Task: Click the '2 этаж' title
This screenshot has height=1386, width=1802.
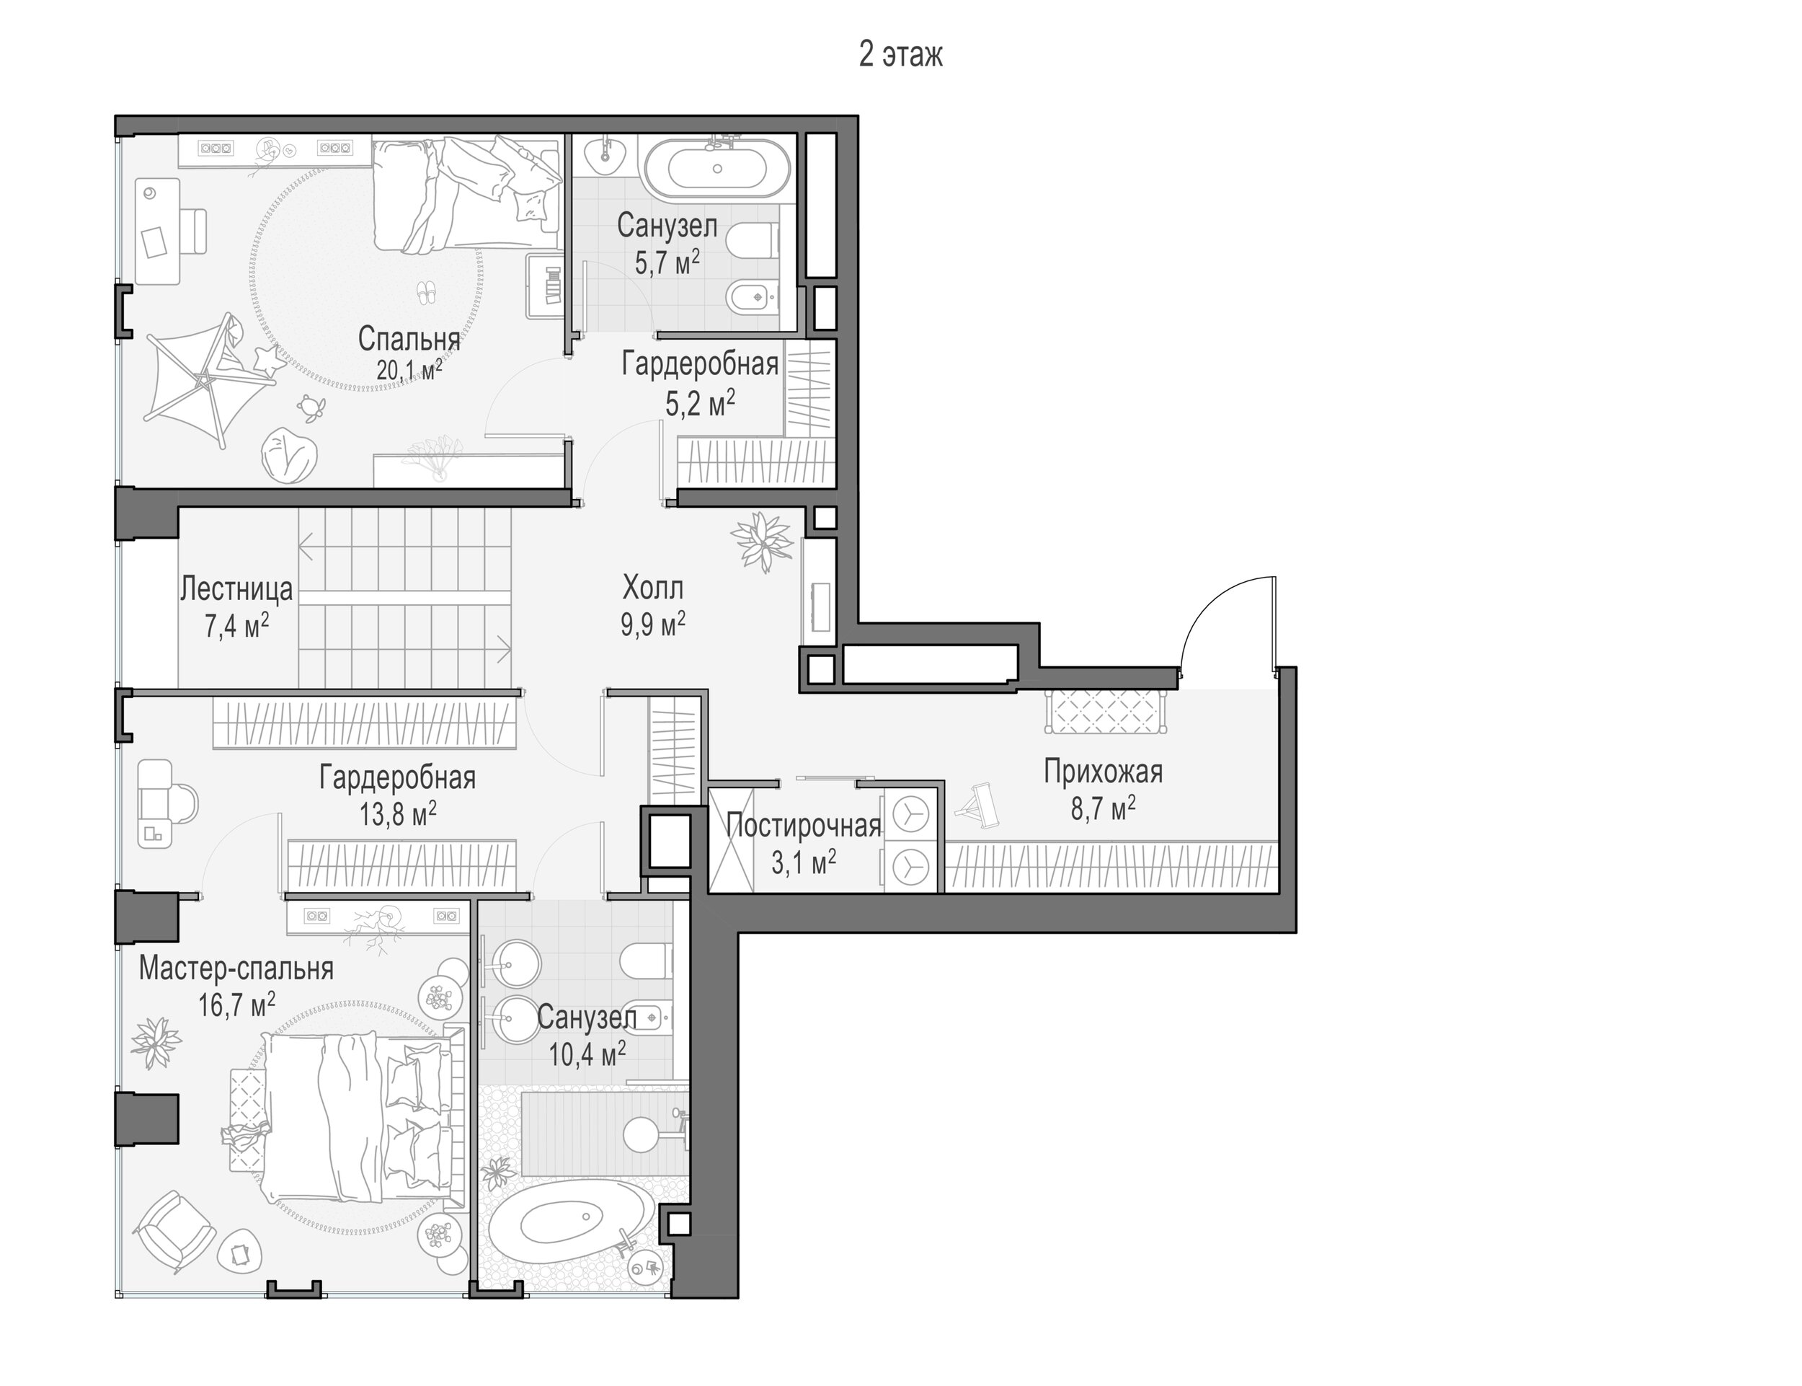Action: point(900,55)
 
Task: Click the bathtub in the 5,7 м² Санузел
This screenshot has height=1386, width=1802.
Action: point(716,168)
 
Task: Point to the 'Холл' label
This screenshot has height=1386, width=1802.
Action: point(652,588)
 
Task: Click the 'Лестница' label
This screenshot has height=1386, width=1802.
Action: point(236,589)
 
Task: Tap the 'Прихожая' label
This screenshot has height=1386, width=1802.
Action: point(1103,772)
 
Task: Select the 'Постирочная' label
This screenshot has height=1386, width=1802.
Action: point(804,826)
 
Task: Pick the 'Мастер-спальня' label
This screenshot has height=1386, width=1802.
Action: point(236,968)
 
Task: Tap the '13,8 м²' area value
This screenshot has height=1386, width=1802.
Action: point(397,814)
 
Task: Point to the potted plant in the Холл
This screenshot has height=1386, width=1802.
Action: point(761,541)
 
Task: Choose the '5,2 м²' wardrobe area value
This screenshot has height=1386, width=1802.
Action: point(700,403)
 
